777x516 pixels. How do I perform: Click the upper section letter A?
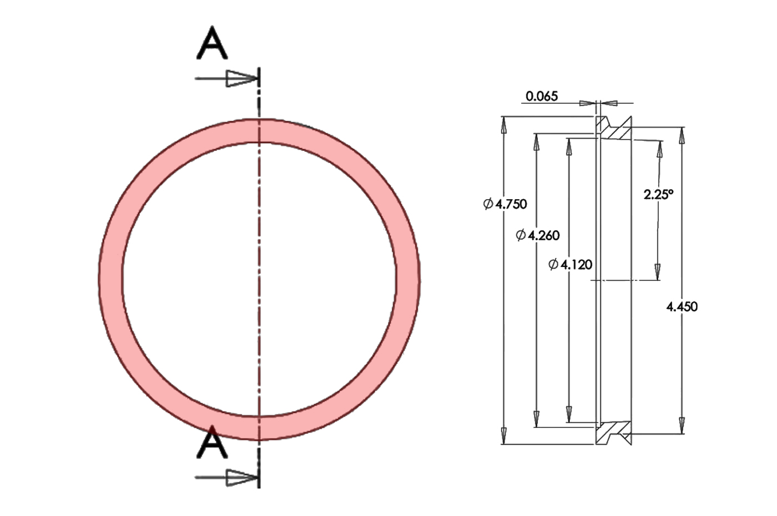(212, 44)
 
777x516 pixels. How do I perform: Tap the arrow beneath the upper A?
(241, 79)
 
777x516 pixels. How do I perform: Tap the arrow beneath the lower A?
(241, 477)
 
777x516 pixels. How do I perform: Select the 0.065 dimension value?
(541, 97)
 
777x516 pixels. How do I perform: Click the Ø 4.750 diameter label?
(505, 204)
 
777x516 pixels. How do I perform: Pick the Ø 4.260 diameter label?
(538, 236)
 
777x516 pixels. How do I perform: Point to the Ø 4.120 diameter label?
(571, 265)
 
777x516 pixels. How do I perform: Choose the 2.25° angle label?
(658, 195)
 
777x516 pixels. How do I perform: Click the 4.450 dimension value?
(682, 307)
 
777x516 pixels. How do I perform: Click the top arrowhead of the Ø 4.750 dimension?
(504, 125)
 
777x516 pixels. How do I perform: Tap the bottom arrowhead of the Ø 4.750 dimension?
(504, 436)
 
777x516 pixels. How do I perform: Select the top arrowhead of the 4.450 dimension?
(682, 135)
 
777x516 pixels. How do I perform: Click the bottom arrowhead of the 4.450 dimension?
(682, 425)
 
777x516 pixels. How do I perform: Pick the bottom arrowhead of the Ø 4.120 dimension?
(569, 414)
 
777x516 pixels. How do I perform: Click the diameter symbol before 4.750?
(488, 204)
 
